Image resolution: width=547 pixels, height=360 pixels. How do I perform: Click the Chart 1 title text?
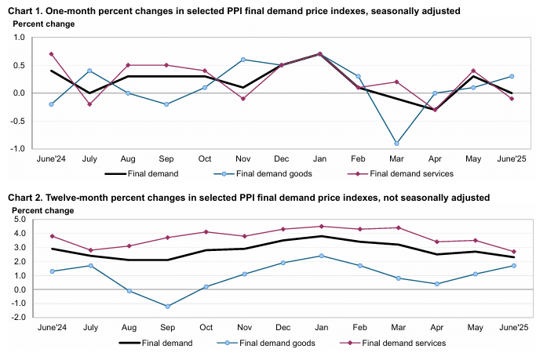coord(235,10)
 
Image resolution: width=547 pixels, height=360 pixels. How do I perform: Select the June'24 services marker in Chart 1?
coord(51,54)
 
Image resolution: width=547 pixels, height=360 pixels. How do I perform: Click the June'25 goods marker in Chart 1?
coord(512,76)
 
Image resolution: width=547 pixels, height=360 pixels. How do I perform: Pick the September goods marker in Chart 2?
coord(166,306)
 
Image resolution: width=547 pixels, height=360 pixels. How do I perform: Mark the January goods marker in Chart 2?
coord(320,256)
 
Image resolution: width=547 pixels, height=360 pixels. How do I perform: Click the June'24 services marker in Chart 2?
coord(51,236)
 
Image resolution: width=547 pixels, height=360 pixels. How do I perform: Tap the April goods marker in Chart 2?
coord(435,284)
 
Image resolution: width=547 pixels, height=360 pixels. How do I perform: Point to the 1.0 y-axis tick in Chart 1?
coord(20,37)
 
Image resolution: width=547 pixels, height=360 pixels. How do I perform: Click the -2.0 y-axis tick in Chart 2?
coord(16,318)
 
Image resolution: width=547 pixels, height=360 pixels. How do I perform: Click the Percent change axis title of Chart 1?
coord(44,24)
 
